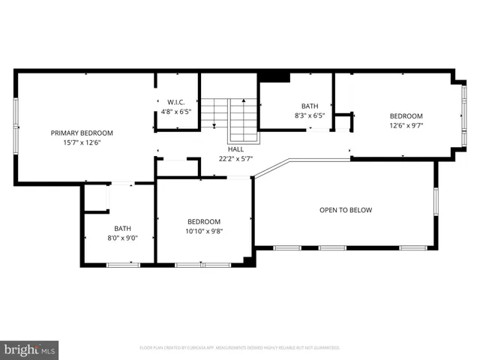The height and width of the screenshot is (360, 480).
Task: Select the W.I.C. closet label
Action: tap(176, 102)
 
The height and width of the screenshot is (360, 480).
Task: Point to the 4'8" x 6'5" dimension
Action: tap(176, 112)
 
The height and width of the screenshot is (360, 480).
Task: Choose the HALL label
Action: tap(235, 149)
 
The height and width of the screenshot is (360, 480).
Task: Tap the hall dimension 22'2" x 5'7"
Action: tap(235, 158)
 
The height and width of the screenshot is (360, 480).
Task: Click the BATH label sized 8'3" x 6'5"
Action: tap(310, 106)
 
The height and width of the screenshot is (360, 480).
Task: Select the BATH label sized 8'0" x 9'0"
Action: tap(122, 229)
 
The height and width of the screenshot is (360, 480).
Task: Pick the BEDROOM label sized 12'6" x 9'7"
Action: tap(406, 116)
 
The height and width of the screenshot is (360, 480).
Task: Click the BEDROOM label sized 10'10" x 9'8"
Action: tap(204, 221)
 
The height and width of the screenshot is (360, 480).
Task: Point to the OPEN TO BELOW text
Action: tap(345, 210)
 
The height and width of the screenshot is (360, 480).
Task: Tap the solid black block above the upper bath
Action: tap(274, 76)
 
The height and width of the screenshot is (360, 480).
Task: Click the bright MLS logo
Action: tap(30, 349)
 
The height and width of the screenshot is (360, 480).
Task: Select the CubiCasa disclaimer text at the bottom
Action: tap(240, 348)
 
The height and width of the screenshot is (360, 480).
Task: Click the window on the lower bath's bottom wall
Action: tap(122, 264)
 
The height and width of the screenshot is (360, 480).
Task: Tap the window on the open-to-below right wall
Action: tap(436, 203)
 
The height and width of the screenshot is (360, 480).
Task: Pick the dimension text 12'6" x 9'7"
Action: tap(406, 126)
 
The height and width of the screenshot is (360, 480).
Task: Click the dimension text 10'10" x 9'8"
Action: tap(204, 231)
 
